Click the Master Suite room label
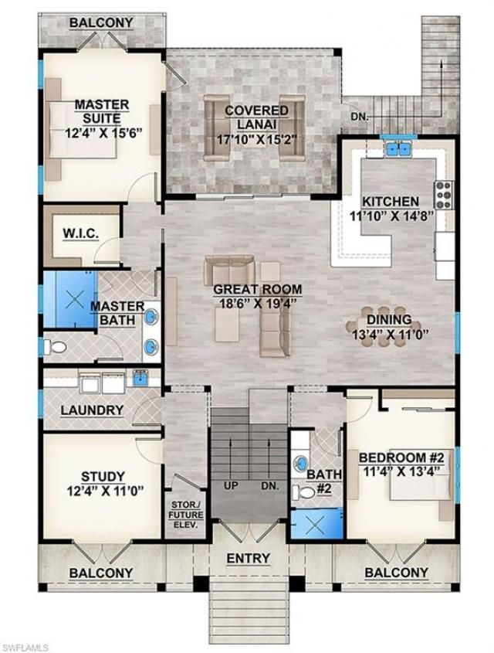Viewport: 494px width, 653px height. tap(101, 111)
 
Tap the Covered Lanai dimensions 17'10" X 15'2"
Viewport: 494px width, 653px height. tap(256, 140)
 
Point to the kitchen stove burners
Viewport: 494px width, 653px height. tap(443, 195)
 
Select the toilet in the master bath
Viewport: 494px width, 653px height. tap(56, 347)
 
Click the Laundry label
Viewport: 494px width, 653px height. tap(92, 410)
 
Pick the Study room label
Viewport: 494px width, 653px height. tap(102, 477)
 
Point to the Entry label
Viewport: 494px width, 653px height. tap(248, 558)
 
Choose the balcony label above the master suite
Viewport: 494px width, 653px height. tap(100, 22)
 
